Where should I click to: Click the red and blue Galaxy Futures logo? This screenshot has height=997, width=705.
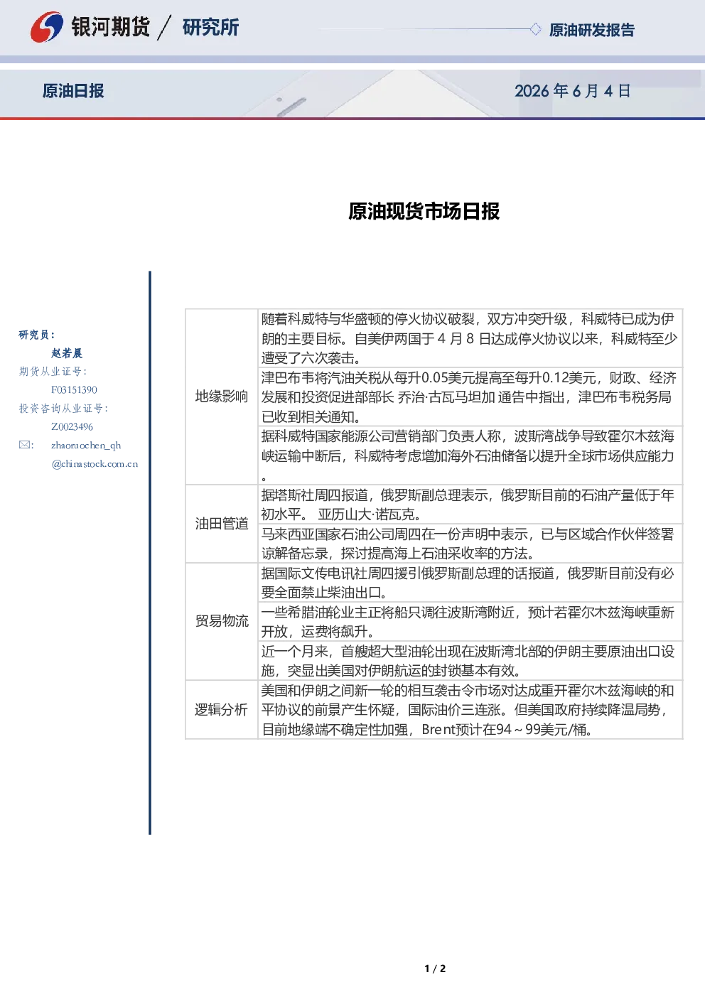47,27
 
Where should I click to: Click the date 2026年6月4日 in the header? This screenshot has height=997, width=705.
572,91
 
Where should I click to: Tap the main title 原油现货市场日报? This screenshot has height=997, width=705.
424,212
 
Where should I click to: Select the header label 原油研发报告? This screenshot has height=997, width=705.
591,30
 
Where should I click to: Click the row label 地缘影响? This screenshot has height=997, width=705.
222,396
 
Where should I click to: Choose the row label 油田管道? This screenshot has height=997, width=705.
222,524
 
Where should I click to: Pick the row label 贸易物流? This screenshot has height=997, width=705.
222,621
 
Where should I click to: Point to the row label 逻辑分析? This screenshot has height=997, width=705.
221,709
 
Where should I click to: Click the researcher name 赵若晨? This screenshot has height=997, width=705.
67,353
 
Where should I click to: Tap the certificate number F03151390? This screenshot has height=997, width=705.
74,390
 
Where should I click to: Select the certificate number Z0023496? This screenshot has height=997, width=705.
72,427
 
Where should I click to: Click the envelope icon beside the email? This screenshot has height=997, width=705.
25,445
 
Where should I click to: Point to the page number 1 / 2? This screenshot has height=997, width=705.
435,969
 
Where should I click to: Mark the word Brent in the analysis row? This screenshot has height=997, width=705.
438,730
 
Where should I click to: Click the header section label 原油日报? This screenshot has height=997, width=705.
73,91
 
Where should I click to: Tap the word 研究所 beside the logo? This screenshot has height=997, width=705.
210,28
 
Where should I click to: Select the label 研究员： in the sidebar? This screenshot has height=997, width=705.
37,335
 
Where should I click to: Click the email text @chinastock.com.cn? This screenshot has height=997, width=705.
95,464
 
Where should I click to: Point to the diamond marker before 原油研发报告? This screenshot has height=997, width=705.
535,29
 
